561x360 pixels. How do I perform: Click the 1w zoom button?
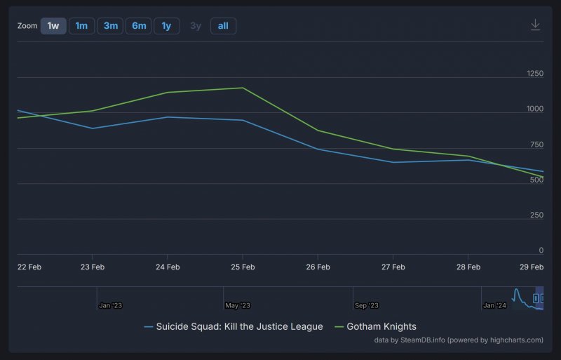coord(53,26)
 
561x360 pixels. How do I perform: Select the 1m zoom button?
coord(81,26)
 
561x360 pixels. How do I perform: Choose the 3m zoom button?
coord(110,26)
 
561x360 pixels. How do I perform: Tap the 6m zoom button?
coord(139,26)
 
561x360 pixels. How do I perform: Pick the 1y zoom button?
coord(166,26)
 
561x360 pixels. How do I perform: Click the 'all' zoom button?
coord(223,26)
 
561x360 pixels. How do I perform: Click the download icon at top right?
coord(535,25)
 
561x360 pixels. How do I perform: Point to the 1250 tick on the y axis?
coord(534,74)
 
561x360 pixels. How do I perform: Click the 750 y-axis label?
coord(536,145)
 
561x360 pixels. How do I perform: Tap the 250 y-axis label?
coord(536,215)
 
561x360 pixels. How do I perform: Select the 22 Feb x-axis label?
coord(29,267)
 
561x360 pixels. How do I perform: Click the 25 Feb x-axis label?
coord(243,267)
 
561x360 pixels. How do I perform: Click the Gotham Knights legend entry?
coord(376,326)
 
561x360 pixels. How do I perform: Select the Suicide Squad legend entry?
coord(233,326)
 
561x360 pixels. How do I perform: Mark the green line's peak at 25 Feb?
coord(243,88)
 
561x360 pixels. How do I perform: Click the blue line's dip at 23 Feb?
coord(93,128)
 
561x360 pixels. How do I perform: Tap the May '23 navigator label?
coord(238,305)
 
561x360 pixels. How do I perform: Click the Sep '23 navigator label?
coord(366,305)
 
